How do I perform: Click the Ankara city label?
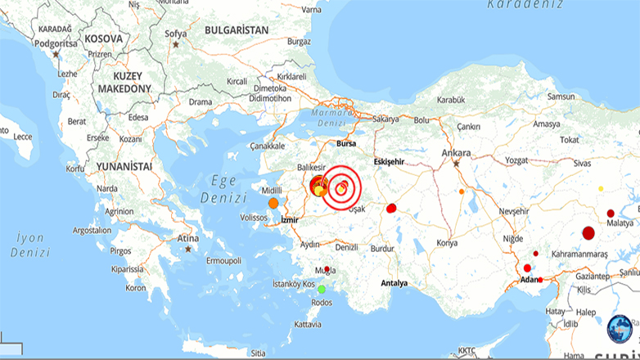[x=456, y=152]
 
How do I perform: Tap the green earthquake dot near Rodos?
[x=322, y=288]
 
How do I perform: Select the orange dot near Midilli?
[x=273, y=202]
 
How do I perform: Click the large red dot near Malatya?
[x=588, y=233]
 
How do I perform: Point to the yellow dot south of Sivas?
[x=601, y=189]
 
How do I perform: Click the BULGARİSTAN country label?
[x=237, y=29]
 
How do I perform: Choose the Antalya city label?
[x=394, y=283]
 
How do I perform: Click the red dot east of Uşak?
[x=391, y=208]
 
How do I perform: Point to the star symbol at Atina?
[x=188, y=249]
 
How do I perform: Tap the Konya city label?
[x=447, y=243]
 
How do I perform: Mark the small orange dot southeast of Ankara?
[x=462, y=191]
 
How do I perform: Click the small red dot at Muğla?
[x=327, y=269]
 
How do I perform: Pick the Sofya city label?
[x=176, y=34]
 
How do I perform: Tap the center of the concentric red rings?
[x=340, y=189]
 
